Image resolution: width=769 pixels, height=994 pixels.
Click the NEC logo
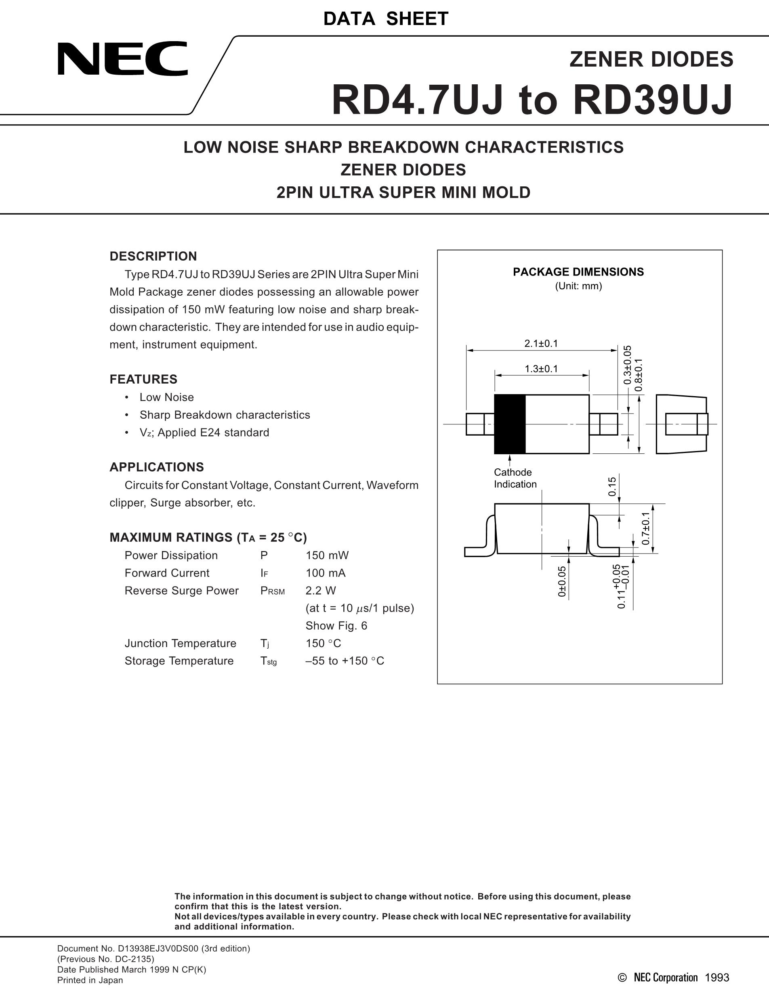click(x=122, y=59)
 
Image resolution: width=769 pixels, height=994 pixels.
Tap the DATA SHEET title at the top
click(x=385, y=19)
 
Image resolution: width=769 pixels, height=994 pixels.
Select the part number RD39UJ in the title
click(x=652, y=100)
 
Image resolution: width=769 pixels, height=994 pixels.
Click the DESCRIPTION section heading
click(x=153, y=256)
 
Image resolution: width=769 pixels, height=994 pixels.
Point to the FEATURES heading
click(x=143, y=379)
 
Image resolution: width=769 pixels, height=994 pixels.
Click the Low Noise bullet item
click(x=166, y=397)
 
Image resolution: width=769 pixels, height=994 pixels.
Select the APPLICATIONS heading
click(x=156, y=467)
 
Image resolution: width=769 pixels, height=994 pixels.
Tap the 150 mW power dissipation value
click(x=327, y=555)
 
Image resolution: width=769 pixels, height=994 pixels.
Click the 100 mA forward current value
click(x=325, y=573)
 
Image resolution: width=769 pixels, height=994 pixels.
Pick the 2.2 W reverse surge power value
click(x=320, y=591)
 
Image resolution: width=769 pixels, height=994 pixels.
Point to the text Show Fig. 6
click(x=336, y=626)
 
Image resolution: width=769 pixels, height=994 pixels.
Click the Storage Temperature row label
click(x=179, y=661)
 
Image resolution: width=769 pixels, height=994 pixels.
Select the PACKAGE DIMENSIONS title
click(x=578, y=272)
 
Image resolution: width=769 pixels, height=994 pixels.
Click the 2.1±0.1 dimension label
click(x=541, y=344)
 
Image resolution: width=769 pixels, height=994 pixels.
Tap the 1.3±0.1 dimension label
click(x=541, y=369)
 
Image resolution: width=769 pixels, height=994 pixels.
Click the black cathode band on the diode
click(x=510, y=424)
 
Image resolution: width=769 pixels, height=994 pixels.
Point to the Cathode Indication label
click(x=515, y=478)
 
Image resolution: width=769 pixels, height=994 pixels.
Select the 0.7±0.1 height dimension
click(x=645, y=528)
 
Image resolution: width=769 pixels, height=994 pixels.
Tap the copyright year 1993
click(x=716, y=977)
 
